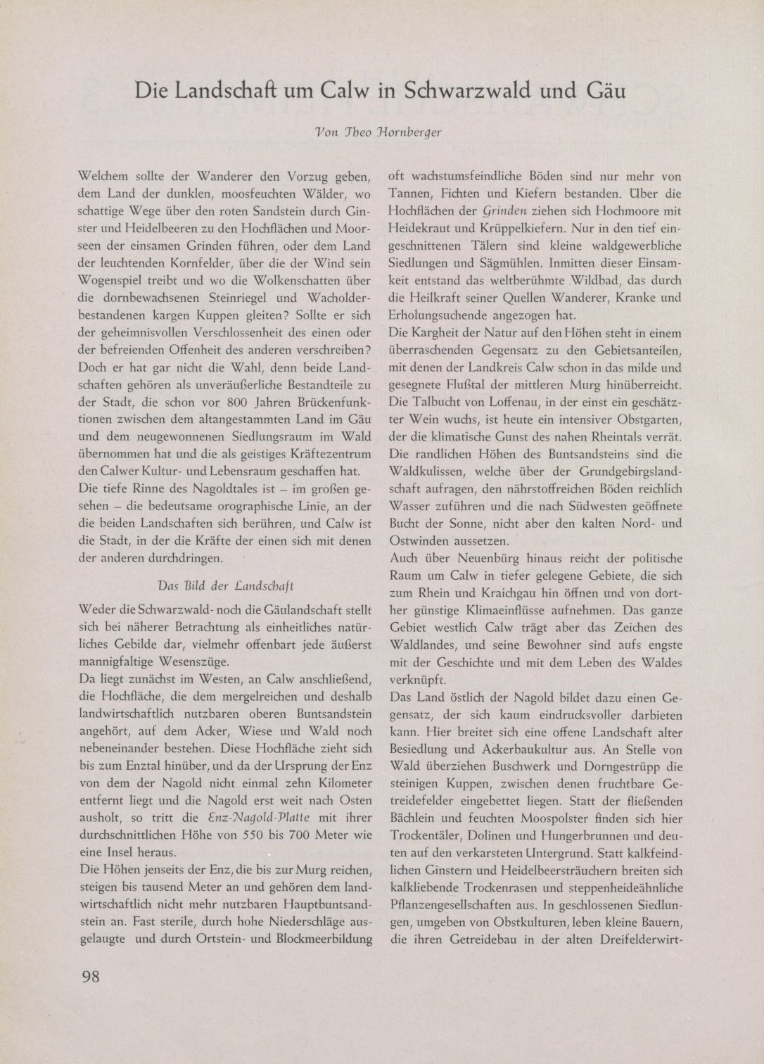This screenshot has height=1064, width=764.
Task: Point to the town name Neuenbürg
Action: [x=477, y=558]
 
